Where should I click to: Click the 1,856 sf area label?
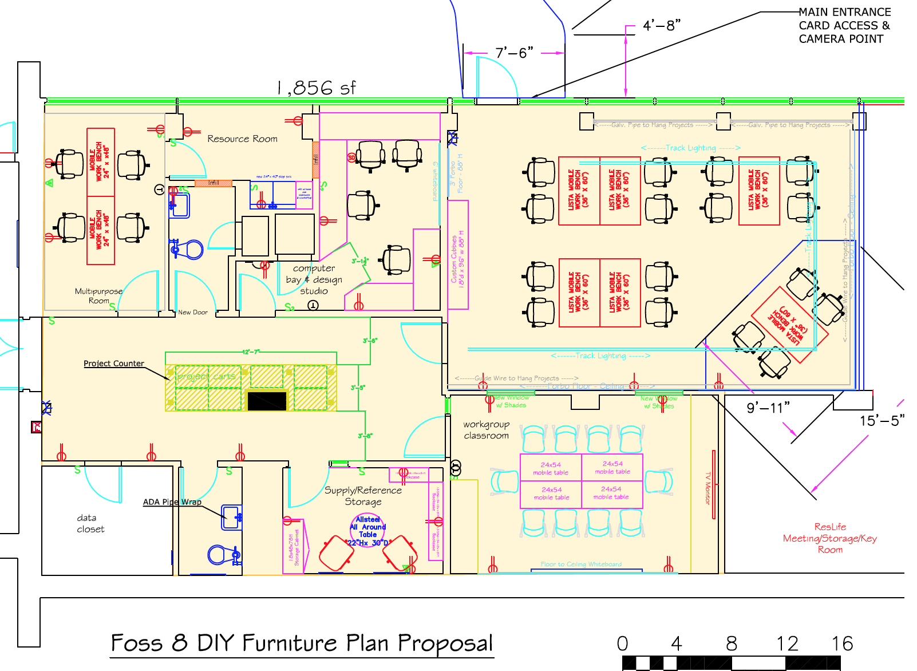(316, 88)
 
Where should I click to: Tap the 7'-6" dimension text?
(514, 53)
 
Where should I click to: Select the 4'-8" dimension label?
(661, 26)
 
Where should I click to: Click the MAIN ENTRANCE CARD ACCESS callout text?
(844, 26)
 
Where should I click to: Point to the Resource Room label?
(242, 139)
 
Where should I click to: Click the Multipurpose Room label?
(98, 295)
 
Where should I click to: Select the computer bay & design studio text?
(314, 279)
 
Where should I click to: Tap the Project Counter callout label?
(114, 364)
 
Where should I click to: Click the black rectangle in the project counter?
(267, 400)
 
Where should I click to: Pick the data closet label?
(90, 523)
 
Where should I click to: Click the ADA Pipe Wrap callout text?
(172, 502)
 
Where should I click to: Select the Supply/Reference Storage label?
(363, 496)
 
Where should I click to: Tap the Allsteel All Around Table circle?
(368, 531)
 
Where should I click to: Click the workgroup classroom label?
(486, 430)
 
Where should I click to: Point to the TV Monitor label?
(707, 488)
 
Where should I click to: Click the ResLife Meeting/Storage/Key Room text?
(829, 538)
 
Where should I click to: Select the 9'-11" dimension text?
(768, 408)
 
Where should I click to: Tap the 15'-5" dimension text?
(882, 421)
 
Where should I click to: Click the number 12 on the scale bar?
(787, 644)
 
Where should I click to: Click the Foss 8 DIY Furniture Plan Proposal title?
(302, 644)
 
